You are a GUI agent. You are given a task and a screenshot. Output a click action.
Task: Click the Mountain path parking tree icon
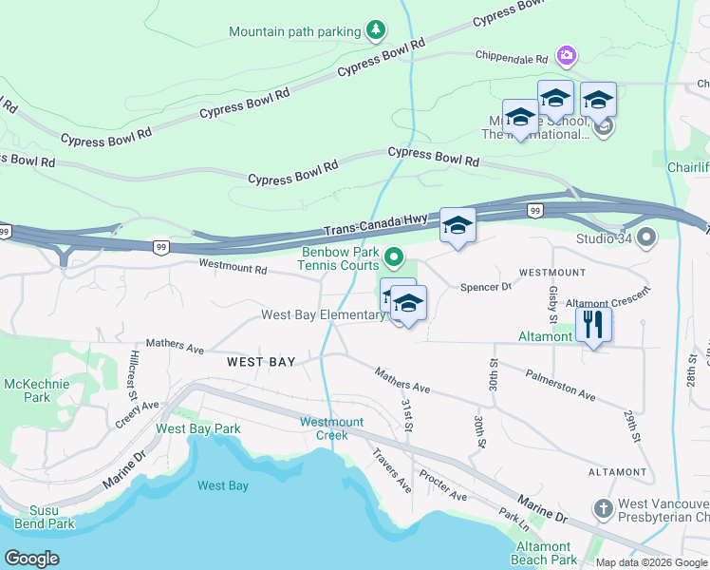[x=377, y=31]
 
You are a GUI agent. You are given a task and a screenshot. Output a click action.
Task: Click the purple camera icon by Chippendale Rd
[x=567, y=56]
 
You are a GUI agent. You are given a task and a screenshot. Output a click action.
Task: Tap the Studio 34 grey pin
[x=647, y=236]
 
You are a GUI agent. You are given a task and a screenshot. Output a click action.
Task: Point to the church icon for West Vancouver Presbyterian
[x=603, y=509]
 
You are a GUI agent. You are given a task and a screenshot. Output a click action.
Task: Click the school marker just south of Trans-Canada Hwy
[x=458, y=226]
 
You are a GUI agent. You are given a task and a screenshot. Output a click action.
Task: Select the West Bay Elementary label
[x=322, y=314]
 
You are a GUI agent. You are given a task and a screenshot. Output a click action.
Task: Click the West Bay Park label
[x=198, y=428]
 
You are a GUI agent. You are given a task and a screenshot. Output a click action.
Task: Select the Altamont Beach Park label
[x=543, y=553]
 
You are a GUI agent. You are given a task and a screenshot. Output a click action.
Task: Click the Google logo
[x=31, y=559]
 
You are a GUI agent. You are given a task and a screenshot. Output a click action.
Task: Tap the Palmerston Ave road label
[x=560, y=384]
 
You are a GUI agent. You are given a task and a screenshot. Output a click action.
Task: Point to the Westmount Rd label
[x=233, y=268]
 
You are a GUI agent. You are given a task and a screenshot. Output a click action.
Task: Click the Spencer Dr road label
[x=485, y=287]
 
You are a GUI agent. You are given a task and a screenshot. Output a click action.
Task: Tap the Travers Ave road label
[x=392, y=470]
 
